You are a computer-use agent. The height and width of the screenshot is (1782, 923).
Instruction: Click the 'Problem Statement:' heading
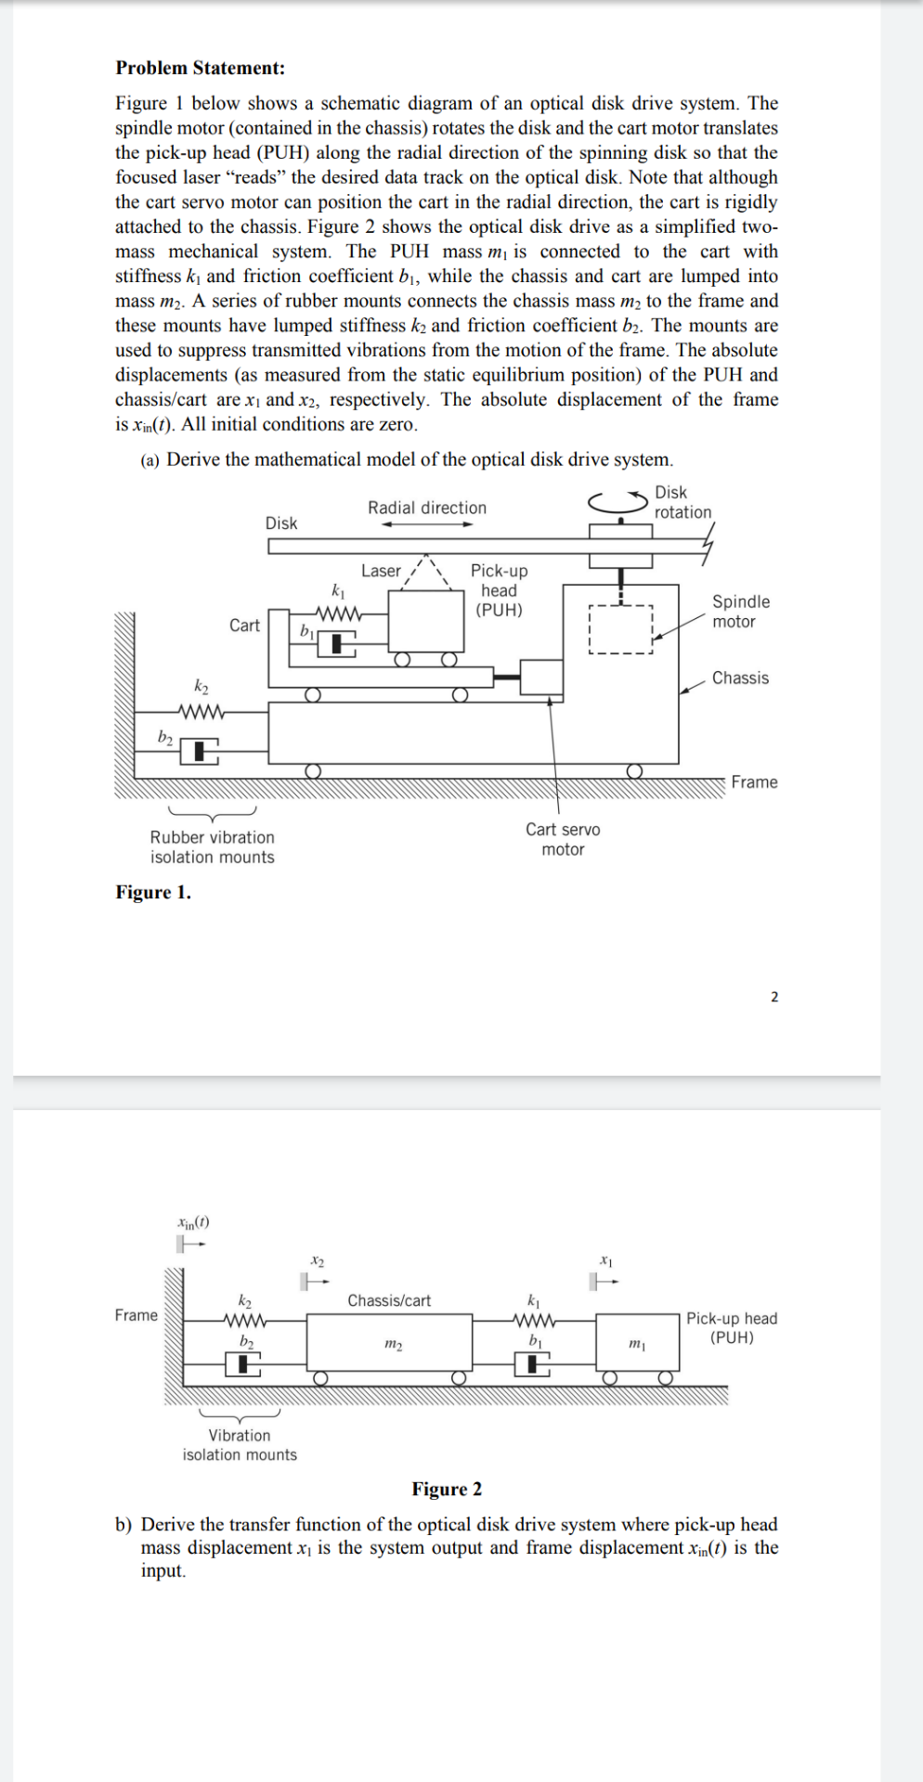pos(200,68)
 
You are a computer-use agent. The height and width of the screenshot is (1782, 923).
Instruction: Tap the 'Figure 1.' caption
pos(152,892)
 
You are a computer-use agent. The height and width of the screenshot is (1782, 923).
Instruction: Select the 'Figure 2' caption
pos(447,1489)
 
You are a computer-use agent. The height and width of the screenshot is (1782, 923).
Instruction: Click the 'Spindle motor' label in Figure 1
pos(740,612)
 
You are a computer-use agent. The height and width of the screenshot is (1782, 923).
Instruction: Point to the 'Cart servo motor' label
pos(563,839)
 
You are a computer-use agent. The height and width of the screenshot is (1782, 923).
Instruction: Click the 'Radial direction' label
pos(427,508)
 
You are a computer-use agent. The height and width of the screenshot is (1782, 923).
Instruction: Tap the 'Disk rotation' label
pos(682,502)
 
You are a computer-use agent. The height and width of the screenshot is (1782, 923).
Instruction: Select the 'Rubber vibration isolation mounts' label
pos(213,846)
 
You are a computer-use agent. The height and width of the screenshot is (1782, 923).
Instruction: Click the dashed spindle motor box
pos(621,630)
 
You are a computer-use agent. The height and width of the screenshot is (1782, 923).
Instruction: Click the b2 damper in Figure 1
pos(200,750)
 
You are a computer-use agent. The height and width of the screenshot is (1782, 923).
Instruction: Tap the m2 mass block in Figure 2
pos(391,1344)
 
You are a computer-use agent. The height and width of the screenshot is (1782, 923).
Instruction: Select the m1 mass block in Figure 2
pos(637,1343)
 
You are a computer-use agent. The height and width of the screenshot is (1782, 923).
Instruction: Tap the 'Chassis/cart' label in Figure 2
pos(389,1300)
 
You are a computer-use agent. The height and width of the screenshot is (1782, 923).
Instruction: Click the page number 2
pos(774,997)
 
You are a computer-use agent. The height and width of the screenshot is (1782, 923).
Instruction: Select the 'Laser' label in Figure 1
pos(381,571)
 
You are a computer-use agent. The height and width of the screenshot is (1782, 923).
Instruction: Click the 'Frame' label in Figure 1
pos(754,782)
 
